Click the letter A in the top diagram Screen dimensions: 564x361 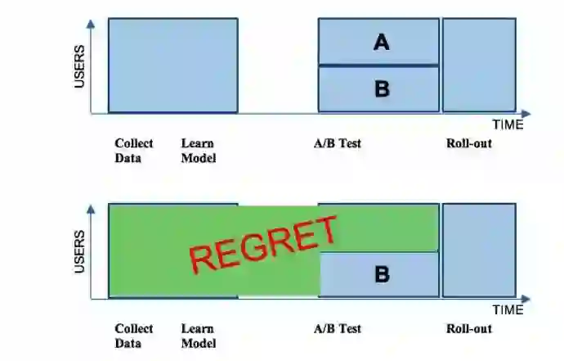click(382, 42)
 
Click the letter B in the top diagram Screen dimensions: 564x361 click(382, 89)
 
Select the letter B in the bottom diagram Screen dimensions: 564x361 click(382, 274)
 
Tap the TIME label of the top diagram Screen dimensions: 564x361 click(508, 125)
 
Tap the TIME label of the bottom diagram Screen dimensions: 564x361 click(508, 310)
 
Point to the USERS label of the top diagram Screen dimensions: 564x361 click(80, 66)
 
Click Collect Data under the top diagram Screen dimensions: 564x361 click(133, 151)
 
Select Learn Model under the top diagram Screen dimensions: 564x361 click(199, 151)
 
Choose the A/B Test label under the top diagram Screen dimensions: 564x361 click(338, 144)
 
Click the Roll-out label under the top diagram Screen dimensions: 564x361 click(469, 144)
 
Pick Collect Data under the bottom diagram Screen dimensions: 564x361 click(133, 336)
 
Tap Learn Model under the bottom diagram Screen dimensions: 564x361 click(199, 336)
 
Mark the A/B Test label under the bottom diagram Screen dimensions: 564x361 click(338, 329)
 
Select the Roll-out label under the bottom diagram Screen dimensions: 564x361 click(469, 329)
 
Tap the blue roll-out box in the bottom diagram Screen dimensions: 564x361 click(479, 250)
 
